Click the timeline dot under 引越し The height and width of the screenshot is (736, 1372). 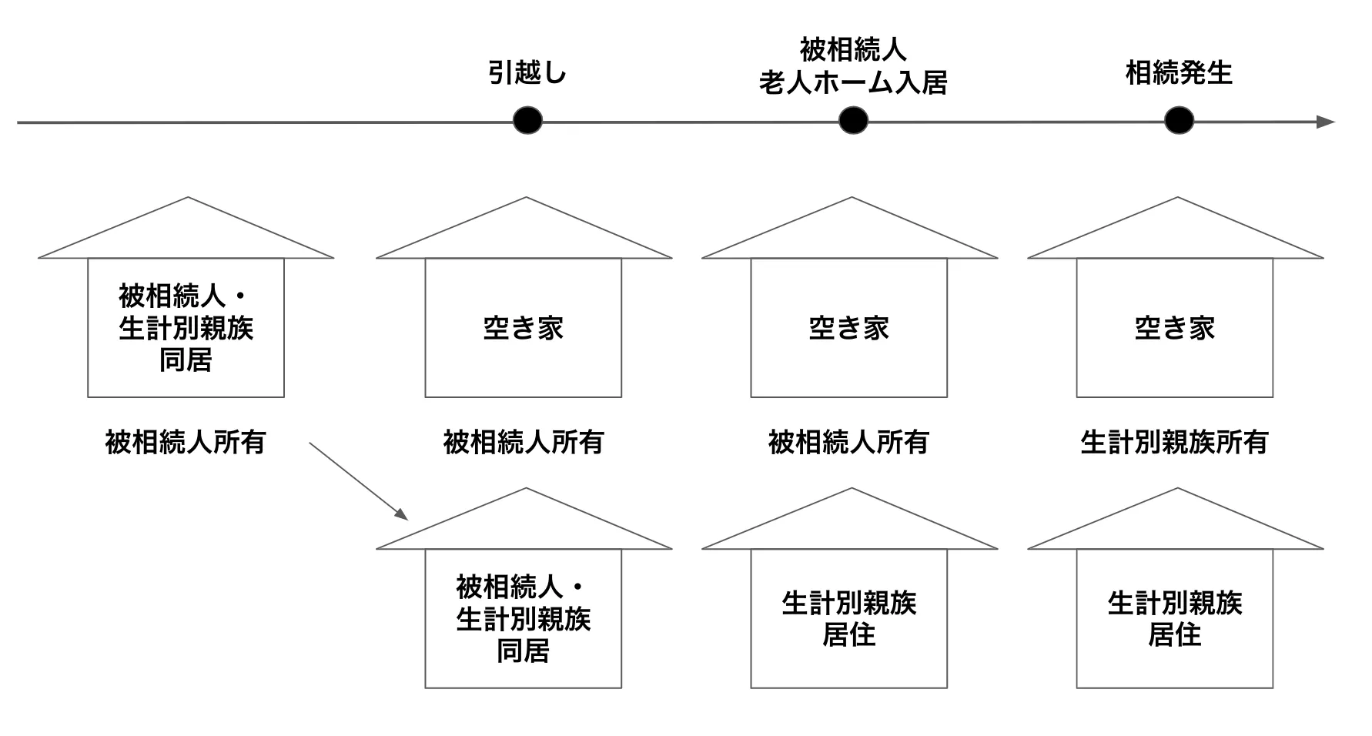(527, 121)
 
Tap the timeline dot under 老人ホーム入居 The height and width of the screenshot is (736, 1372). (853, 121)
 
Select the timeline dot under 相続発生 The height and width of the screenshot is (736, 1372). (1179, 121)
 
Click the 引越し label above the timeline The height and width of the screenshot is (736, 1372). (527, 73)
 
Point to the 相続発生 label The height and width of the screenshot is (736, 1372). (1179, 73)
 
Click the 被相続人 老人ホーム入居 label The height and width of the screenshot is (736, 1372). (853, 66)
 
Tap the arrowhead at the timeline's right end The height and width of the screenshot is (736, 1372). (1326, 122)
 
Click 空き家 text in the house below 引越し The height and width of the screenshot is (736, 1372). (524, 328)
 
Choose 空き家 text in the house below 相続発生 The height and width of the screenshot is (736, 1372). (1175, 328)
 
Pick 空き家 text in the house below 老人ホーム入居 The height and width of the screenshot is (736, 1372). (849, 328)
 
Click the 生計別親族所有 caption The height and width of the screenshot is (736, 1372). (1174, 442)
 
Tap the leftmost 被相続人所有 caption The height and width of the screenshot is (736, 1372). (186, 442)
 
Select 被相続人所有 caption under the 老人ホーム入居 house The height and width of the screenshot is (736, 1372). (848, 442)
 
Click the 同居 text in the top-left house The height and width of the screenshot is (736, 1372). (186, 360)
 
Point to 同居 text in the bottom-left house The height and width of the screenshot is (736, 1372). (524, 651)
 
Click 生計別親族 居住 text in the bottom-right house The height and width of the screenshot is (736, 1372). (1175, 619)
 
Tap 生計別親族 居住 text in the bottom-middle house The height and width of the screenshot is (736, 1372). (849, 619)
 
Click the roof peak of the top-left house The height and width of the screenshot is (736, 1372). (186, 199)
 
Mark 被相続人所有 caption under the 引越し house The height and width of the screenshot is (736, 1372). (524, 442)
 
